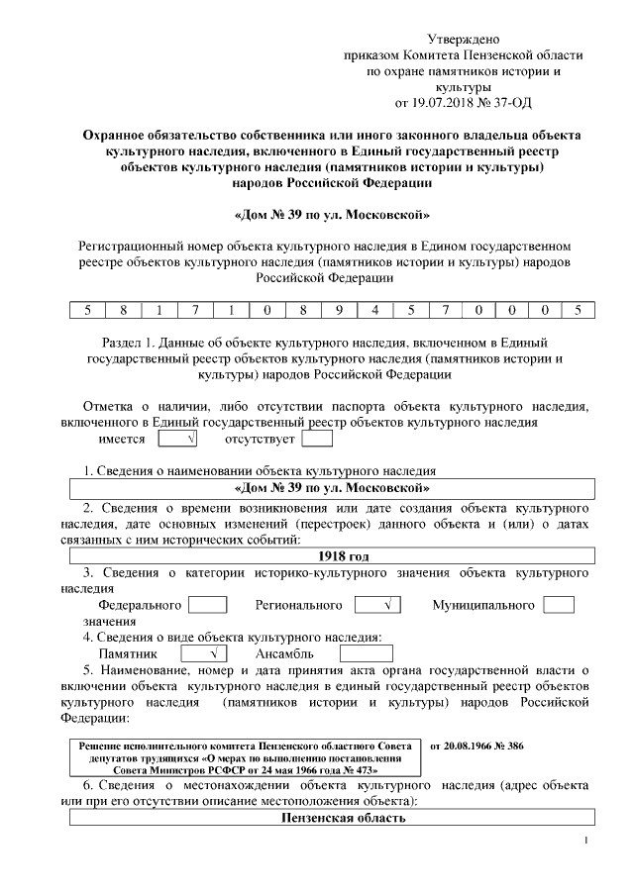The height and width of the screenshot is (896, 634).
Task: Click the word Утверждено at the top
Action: coord(463,37)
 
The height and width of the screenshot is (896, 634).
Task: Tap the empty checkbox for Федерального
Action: coord(207,604)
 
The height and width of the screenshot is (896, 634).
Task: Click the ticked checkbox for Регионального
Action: coord(376,604)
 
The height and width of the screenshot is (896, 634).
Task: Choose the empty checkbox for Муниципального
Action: coord(559,604)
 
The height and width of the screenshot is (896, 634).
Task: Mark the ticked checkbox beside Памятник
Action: coord(203,653)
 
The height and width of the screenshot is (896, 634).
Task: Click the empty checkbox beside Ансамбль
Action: coord(366,653)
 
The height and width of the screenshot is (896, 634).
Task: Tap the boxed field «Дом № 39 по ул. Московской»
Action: coord(331,488)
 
